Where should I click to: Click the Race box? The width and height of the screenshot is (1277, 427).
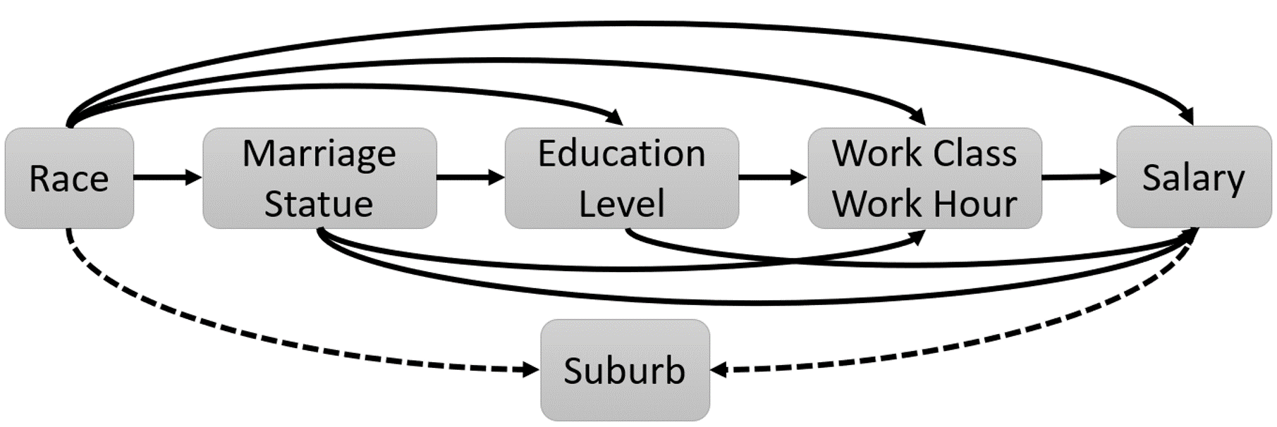(x=69, y=178)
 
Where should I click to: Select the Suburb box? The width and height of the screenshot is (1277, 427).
(x=625, y=370)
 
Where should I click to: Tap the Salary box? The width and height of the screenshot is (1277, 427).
(x=1193, y=177)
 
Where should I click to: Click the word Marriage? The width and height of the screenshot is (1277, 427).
(x=319, y=153)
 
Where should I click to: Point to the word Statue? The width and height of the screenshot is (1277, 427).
(x=319, y=204)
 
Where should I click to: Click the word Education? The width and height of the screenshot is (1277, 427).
(x=621, y=153)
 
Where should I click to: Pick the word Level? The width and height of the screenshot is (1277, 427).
(x=621, y=204)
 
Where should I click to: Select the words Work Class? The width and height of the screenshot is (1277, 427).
(x=924, y=153)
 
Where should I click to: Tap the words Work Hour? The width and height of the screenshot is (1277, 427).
(x=924, y=204)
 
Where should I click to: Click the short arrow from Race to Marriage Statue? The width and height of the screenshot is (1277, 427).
(x=167, y=177)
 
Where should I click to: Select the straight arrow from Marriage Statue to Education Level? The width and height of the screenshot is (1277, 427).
(x=470, y=177)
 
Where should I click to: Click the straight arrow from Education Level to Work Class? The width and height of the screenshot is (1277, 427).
(x=773, y=177)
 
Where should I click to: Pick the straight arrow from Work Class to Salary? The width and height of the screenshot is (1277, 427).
(x=1079, y=177)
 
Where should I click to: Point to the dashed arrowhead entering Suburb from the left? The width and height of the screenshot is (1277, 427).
(x=531, y=369)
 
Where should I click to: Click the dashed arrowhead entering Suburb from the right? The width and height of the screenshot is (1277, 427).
(x=719, y=369)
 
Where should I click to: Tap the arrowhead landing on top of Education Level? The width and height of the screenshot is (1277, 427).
(x=616, y=117)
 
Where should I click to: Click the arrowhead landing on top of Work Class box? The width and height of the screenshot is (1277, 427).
(x=917, y=117)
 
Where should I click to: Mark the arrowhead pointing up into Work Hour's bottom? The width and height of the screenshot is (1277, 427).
(x=917, y=238)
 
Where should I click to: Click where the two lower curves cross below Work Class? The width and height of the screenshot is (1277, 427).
(x=790, y=260)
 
